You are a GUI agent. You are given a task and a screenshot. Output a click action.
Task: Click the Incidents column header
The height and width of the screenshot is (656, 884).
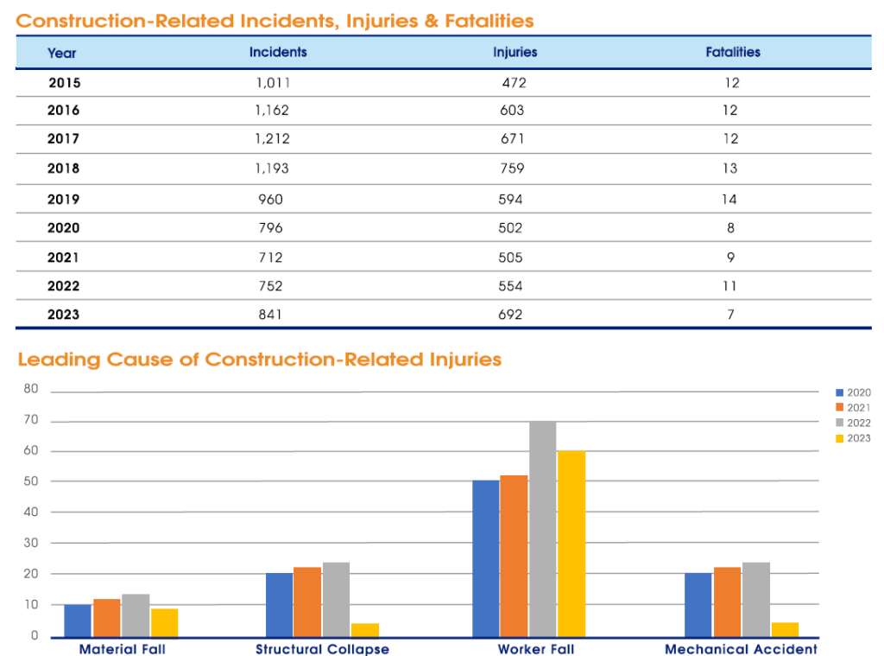point(278,52)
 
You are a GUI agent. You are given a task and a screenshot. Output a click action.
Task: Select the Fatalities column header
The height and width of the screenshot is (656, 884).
point(733,52)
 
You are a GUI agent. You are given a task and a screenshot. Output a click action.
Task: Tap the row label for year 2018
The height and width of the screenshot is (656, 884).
point(63,169)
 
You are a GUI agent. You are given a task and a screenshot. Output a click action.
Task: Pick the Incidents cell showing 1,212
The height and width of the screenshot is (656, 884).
point(272,138)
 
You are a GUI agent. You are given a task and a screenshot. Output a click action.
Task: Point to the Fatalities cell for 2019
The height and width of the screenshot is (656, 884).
point(730,199)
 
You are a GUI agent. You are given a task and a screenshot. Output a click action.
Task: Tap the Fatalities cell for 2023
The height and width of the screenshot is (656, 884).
point(730,315)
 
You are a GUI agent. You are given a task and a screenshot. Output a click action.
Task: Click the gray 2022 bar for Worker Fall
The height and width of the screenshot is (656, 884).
point(542,529)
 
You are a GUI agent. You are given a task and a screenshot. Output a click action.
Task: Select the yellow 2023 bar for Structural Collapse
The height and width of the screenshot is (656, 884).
point(364,629)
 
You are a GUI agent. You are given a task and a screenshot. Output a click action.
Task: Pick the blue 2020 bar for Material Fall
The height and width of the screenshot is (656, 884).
point(78,621)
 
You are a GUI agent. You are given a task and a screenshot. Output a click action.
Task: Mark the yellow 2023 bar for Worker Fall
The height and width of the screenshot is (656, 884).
point(571,544)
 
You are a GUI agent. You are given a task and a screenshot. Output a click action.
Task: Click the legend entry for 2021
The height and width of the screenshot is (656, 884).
point(852,407)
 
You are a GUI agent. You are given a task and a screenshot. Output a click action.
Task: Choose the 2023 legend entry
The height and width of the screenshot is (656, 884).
point(852,438)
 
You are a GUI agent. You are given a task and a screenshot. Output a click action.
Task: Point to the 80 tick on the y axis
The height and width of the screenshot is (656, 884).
point(31,389)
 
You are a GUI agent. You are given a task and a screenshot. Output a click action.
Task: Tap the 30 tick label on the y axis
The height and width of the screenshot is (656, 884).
point(31,543)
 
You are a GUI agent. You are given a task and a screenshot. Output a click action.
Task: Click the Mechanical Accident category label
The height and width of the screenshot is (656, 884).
point(741,649)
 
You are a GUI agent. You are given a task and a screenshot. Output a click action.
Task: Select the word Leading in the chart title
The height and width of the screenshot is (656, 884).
point(57,360)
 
